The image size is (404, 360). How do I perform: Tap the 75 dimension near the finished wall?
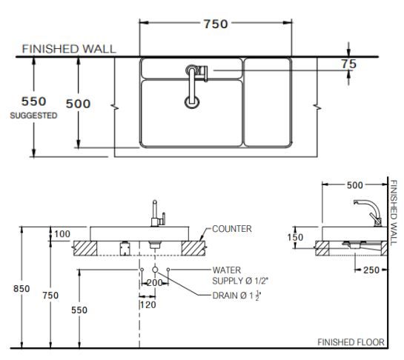coord(348,64)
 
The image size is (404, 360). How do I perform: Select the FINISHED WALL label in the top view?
coord(68,49)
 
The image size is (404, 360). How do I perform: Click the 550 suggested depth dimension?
coord(33,101)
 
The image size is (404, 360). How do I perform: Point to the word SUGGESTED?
coord(33,116)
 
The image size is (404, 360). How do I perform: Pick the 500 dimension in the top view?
coord(79,104)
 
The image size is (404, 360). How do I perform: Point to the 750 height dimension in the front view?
coord(50,296)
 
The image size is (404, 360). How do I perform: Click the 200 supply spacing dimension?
coord(155,282)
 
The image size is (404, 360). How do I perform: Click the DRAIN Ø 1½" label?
coord(236,296)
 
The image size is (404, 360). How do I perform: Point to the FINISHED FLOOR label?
coord(351,342)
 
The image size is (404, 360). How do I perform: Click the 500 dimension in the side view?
coord(355,184)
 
